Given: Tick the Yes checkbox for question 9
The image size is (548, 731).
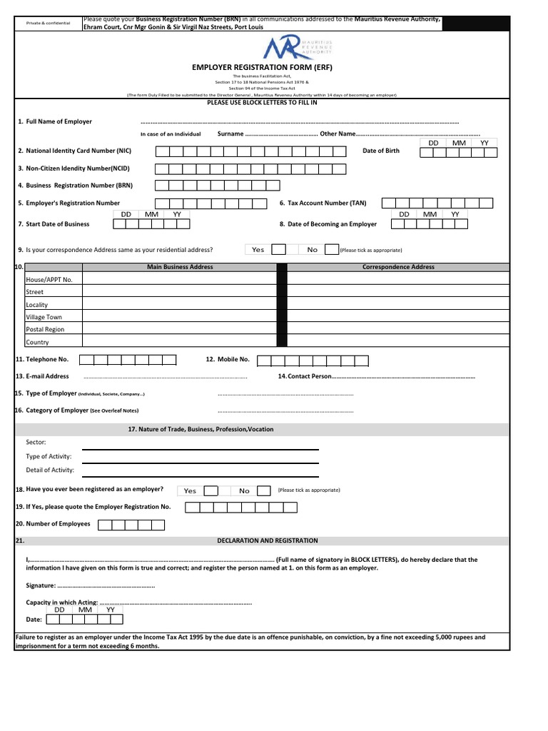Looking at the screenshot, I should coord(280,250).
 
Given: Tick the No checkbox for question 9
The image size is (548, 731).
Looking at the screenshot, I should coord(331,250).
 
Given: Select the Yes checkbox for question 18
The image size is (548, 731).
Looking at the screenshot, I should coord(210,490).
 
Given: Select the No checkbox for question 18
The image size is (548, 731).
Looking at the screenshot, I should coord(264,490).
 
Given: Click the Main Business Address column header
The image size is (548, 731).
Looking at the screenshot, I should coord(180,267).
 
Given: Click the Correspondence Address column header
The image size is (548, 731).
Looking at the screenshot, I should coord(398,267).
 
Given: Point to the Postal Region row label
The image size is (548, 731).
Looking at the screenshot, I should coord(45,330).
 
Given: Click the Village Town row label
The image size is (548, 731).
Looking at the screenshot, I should coord(44,317).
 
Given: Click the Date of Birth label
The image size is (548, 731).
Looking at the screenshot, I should coord(381,151).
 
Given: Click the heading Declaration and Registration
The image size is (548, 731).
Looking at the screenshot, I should coord(268,541).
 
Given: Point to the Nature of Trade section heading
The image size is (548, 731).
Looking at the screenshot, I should coord(200,430).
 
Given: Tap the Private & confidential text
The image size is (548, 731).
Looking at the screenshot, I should coord(49,24).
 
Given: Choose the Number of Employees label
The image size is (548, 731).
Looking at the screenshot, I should coord(58,524).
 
